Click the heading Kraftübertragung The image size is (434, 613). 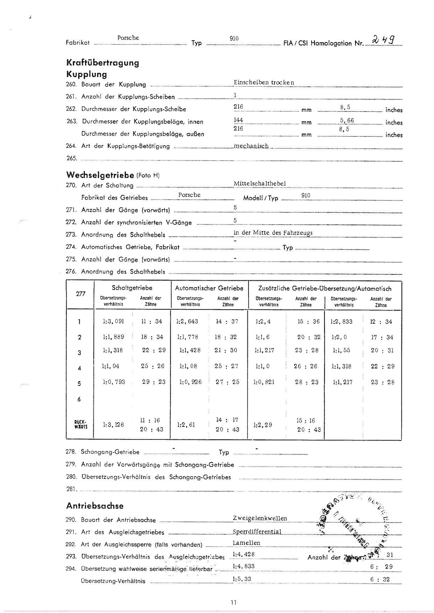point(103,63)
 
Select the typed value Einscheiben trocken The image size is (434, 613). point(264,83)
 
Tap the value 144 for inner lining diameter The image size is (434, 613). point(238,120)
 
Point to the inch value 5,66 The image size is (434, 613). point(347,120)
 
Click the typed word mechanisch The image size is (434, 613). point(251,146)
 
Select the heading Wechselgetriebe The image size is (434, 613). point(100,175)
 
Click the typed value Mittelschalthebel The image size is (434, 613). point(260,183)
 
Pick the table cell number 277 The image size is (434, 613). point(80,294)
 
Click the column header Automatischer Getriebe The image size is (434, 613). point(209,288)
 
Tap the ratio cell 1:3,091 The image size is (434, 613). point(113,322)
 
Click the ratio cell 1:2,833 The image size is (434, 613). point(342,322)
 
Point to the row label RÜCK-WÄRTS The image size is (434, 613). point(79,424)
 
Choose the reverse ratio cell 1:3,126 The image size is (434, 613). point(113,425)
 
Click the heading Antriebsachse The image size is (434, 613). point(95,506)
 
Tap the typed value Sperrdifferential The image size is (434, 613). point(257,532)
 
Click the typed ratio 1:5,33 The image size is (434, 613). point(242,579)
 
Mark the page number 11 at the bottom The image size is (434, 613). point(234,603)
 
